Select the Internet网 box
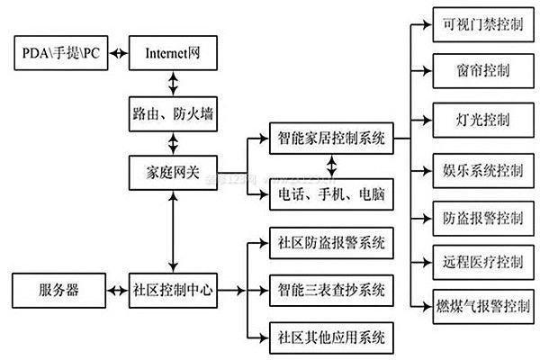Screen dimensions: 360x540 (x=171, y=53)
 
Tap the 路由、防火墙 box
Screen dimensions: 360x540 (x=171, y=113)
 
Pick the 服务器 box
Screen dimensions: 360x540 (x=58, y=291)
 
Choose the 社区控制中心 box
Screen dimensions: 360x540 (x=171, y=291)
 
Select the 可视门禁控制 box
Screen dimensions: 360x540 (x=476, y=24)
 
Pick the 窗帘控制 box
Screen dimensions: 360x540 (x=476, y=71)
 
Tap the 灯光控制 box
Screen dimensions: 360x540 (x=476, y=120)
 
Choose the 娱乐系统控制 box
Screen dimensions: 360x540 (x=476, y=169)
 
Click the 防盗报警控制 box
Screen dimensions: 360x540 (x=476, y=218)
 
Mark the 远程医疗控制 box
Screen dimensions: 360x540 (x=476, y=263)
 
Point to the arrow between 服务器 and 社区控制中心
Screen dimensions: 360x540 (x=116, y=291)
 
